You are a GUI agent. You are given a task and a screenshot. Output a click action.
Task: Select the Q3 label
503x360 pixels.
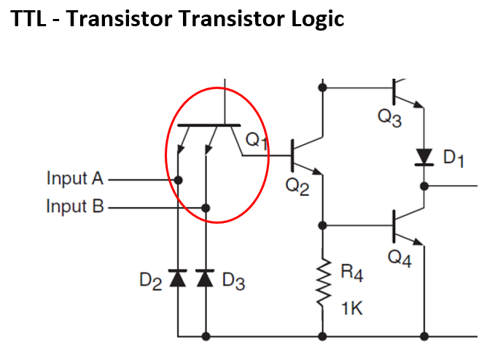pyautogui.click(x=389, y=120)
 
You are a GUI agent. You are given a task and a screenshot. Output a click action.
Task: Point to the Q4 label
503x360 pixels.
pyautogui.click(x=399, y=259)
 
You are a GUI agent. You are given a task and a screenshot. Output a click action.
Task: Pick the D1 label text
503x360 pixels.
pyautogui.click(x=453, y=158)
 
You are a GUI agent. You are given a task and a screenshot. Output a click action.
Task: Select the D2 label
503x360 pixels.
pyautogui.click(x=151, y=281)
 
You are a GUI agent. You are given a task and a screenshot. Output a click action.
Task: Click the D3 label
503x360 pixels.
pyautogui.click(x=233, y=281)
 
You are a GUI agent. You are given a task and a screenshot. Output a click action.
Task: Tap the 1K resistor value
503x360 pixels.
pyautogui.click(x=351, y=308)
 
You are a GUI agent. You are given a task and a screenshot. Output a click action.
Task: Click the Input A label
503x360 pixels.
pyautogui.click(x=75, y=178)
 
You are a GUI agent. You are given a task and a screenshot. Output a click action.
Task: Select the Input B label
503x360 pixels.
pyautogui.click(x=75, y=206)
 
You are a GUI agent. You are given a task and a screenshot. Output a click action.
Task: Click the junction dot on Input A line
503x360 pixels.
pyautogui.click(x=179, y=179)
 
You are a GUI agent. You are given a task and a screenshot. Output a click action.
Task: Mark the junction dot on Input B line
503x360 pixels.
pyautogui.click(x=206, y=208)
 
